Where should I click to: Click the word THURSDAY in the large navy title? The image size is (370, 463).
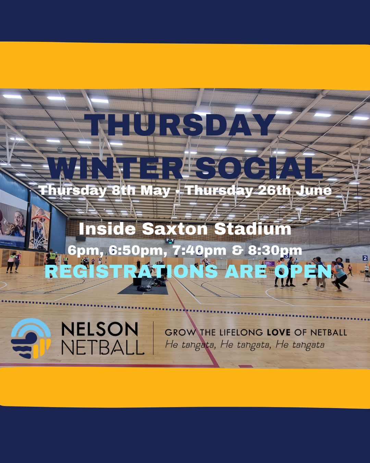pos(180,125)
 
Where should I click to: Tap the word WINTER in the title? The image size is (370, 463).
pos(115,168)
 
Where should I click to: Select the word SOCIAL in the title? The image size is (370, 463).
pos(259,168)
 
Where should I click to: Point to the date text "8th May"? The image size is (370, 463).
pos(141,190)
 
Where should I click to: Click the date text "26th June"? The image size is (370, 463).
pos(295,190)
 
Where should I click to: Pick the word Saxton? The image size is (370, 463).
pos(175,229)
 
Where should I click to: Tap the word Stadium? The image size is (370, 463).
pos(253,229)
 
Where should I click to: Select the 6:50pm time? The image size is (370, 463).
pos(138,251)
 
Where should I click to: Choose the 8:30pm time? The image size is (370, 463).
pos(275,251)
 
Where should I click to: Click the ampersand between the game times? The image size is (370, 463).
pos(237,251)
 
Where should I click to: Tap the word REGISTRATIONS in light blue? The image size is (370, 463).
pos(131,272)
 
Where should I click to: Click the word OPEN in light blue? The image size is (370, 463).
pos(303,272)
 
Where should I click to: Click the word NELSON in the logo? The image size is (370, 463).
pos(100,329)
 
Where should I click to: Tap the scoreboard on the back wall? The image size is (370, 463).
pos(170,241)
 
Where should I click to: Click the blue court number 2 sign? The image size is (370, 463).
pos(365,258)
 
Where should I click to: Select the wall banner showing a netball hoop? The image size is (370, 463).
pos(39,227)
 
